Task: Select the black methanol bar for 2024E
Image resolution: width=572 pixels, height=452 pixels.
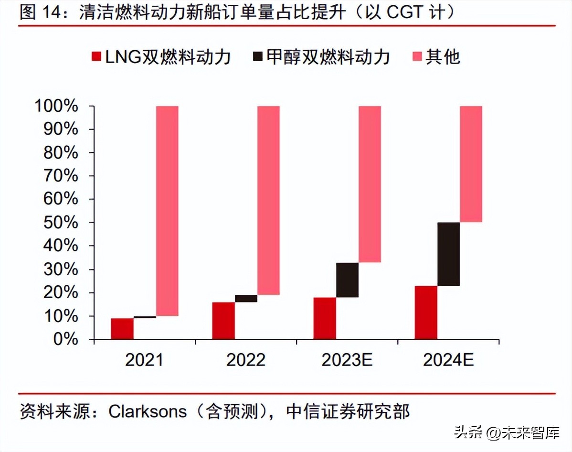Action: coord(448,254)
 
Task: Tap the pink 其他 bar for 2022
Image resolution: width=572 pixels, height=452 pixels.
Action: coord(268,200)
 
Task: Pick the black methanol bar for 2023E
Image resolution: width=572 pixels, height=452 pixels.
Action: coord(347,280)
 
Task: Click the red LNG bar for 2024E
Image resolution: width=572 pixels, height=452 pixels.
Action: coord(426,312)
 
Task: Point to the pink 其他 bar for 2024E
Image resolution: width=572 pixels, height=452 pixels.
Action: coord(471,164)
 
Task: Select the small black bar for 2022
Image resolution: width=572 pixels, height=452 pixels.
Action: coord(246,299)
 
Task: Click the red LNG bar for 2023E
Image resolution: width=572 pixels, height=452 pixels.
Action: coord(325,318)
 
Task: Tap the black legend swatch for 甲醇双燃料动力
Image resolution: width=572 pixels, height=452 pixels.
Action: coord(258,57)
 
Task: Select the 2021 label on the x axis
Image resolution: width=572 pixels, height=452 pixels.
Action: coord(144,360)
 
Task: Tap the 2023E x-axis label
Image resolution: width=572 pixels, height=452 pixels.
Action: coord(347,360)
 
